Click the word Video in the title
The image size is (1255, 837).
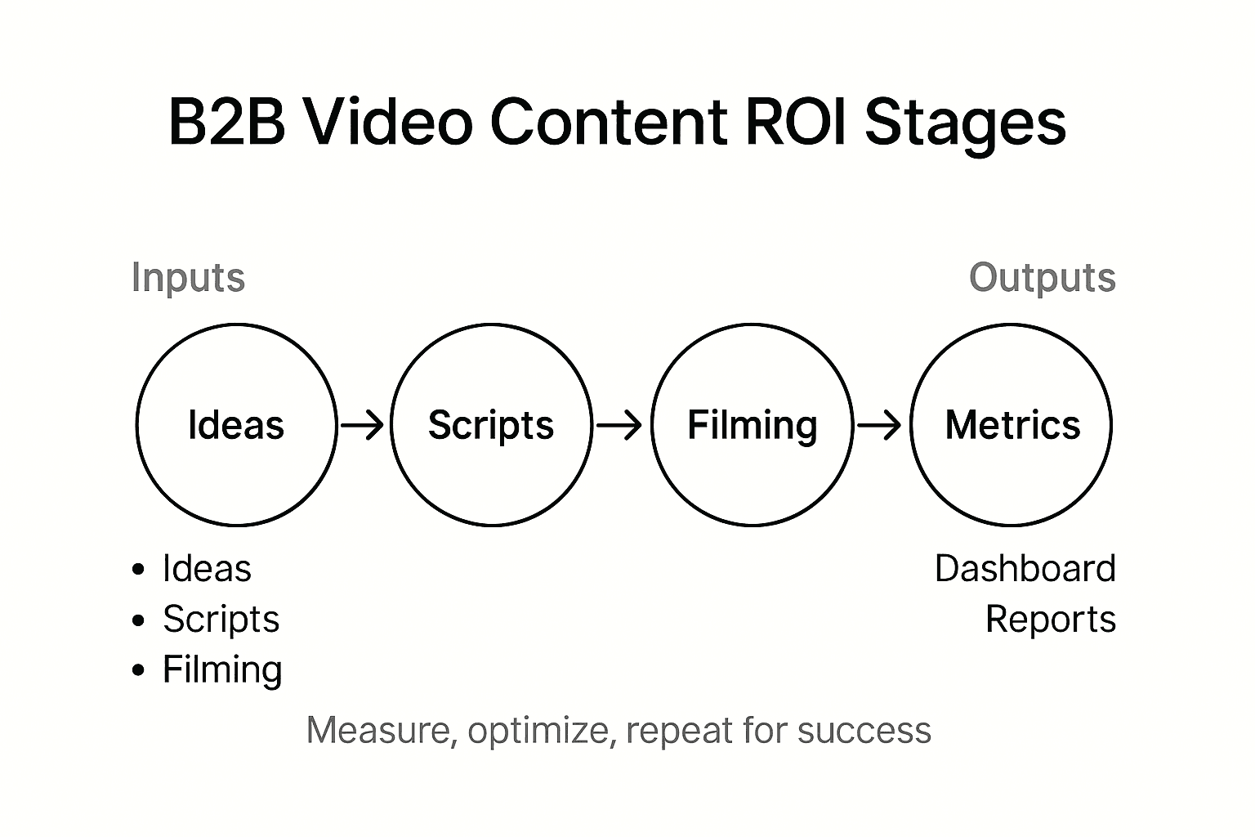tap(388, 123)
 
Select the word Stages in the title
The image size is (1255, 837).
tap(964, 124)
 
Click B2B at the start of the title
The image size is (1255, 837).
tap(226, 123)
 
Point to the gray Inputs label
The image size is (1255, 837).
tap(188, 278)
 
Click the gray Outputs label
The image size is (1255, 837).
tap(1043, 278)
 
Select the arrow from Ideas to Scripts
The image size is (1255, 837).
tap(363, 425)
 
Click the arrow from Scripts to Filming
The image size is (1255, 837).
tap(620, 425)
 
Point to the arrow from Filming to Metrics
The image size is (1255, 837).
tap(880, 425)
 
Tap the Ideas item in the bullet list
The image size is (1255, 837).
tap(207, 569)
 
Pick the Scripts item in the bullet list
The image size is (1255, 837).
tap(221, 620)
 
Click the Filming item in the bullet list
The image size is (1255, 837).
tap(222, 670)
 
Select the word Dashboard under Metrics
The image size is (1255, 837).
tap(1025, 569)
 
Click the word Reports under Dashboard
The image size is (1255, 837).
tap(1050, 620)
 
